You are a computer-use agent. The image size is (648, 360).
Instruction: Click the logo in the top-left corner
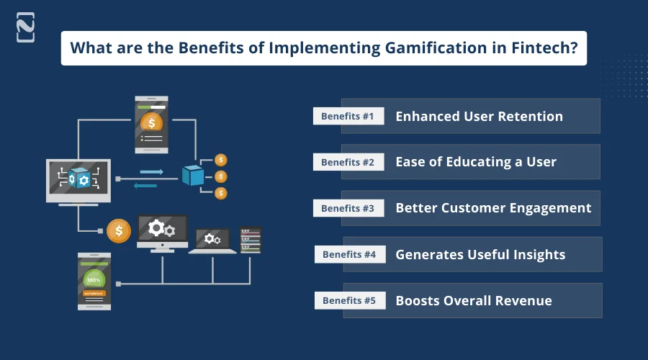pyautogui.click(x=25, y=27)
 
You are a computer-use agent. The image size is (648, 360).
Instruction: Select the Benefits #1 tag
pyautogui.click(x=348, y=116)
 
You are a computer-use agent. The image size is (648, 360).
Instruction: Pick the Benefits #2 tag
pyautogui.click(x=348, y=162)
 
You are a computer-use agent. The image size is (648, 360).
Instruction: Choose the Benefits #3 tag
pyautogui.click(x=348, y=208)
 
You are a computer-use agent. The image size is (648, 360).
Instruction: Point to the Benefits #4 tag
pyautogui.click(x=349, y=254)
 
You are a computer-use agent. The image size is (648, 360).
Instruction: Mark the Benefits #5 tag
pyautogui.click(x=349, y=300)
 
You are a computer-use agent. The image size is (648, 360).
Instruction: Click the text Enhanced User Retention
pyautogui.click(x=479, y=116)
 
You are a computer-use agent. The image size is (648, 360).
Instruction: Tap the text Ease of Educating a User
pyautogui.click(x=476, y=162)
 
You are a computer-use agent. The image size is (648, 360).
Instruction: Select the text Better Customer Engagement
pyautogui.click(x=493, y=208)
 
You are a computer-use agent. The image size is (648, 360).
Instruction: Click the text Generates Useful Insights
pyautogui.click(x=480, y=254)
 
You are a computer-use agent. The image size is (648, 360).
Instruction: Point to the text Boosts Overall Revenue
pyautogui.click(x=474, y=300)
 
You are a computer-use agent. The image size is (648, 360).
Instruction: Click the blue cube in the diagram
pyautogui.click(x=193, y=175)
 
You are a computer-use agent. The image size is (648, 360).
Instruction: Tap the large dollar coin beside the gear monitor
pyautogui.click(x=119, y=231)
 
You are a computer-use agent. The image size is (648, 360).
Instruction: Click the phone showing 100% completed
pyautogui.click(x=94, y=282)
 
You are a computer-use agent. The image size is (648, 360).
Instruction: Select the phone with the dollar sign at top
pyautogui.click(x=151, y=123)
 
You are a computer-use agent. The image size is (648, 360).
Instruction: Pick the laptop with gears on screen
pyautogui.click(x=212, y=240)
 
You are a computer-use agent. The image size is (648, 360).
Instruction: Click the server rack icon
pyautogui.click(x=251, y=240)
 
